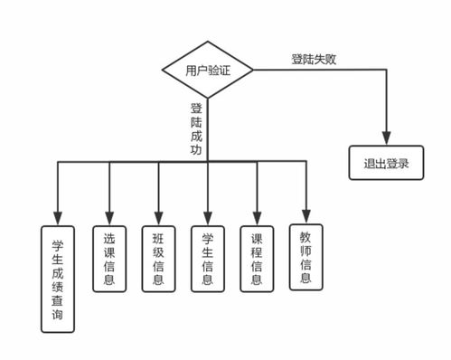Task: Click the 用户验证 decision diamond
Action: tap(208, 70)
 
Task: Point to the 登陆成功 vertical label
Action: tap(196, 130)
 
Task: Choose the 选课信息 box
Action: tap(109, 257)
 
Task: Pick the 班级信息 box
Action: tap(158, 257)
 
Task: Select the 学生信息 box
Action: tap(208, 257)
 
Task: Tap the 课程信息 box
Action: tap(257, 257)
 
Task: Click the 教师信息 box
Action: tap(305, 254)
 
